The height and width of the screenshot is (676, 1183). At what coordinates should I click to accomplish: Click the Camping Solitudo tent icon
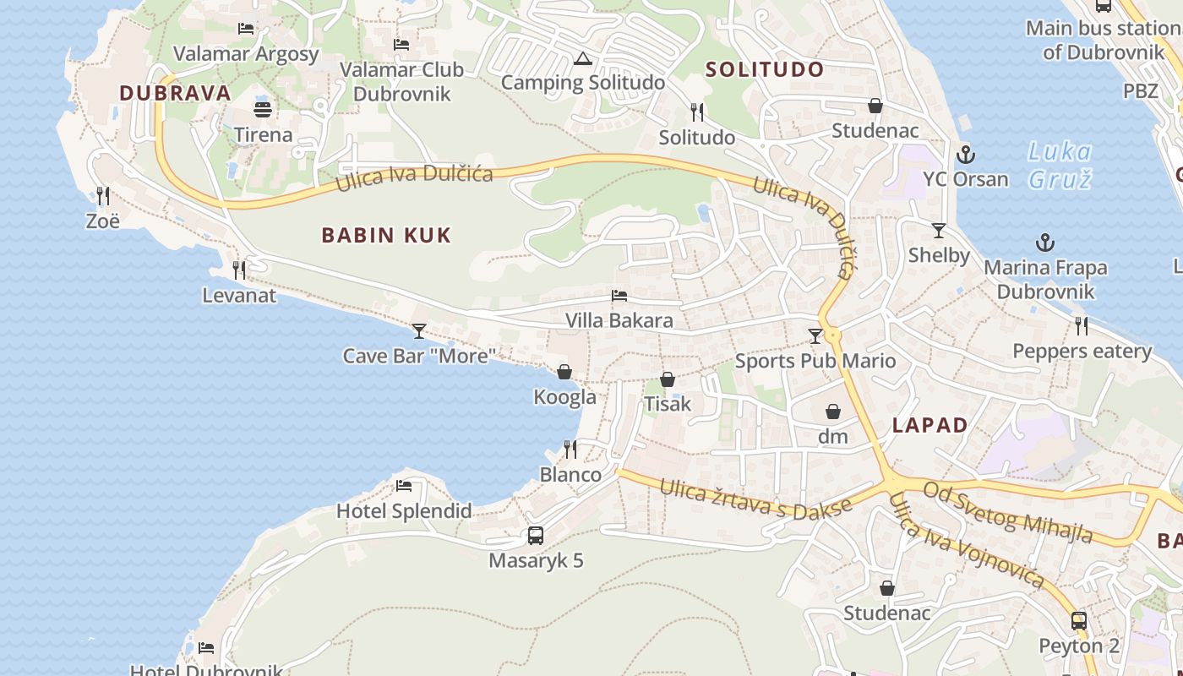[x=582, y=59]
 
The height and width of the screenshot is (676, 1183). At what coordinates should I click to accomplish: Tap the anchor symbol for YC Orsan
[x=965, y=155]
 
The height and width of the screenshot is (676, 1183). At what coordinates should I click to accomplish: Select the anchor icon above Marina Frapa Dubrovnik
[x=1045, y=243]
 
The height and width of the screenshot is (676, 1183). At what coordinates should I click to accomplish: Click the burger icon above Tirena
[x=263, y=110]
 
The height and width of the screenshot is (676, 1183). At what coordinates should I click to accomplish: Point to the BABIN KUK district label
[x=386, y=235]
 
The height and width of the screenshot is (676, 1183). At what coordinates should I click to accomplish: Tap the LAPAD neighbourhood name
[x=930, y=425]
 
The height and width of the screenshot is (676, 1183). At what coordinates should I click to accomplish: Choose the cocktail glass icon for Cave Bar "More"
[x=419, y=330]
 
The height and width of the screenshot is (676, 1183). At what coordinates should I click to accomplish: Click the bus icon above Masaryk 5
[x=536, y=535]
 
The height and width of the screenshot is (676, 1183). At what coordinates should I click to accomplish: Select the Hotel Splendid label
[x=404, y=511]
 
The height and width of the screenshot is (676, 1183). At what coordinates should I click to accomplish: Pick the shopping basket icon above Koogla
[x=564, y=372]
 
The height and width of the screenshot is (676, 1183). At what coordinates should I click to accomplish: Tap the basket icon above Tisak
[x=668, y=379]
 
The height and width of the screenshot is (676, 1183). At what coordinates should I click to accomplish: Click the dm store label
[x=832, y=437]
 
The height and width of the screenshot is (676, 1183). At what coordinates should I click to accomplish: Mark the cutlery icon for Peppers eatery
[x=1081, y=325]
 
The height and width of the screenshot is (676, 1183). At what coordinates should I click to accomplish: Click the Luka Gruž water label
[x=1060, y=166]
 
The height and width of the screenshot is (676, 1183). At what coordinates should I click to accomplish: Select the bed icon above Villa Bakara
[x=619, y=296]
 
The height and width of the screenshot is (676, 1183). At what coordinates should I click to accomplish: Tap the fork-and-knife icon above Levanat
[x=239, y=270]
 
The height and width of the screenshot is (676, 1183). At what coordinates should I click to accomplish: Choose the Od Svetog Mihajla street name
[x=1008, y=512]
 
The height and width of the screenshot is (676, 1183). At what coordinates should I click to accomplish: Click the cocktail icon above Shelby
[x=938, y=230]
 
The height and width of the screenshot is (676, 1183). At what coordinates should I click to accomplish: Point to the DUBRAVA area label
[x=175, y=93]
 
